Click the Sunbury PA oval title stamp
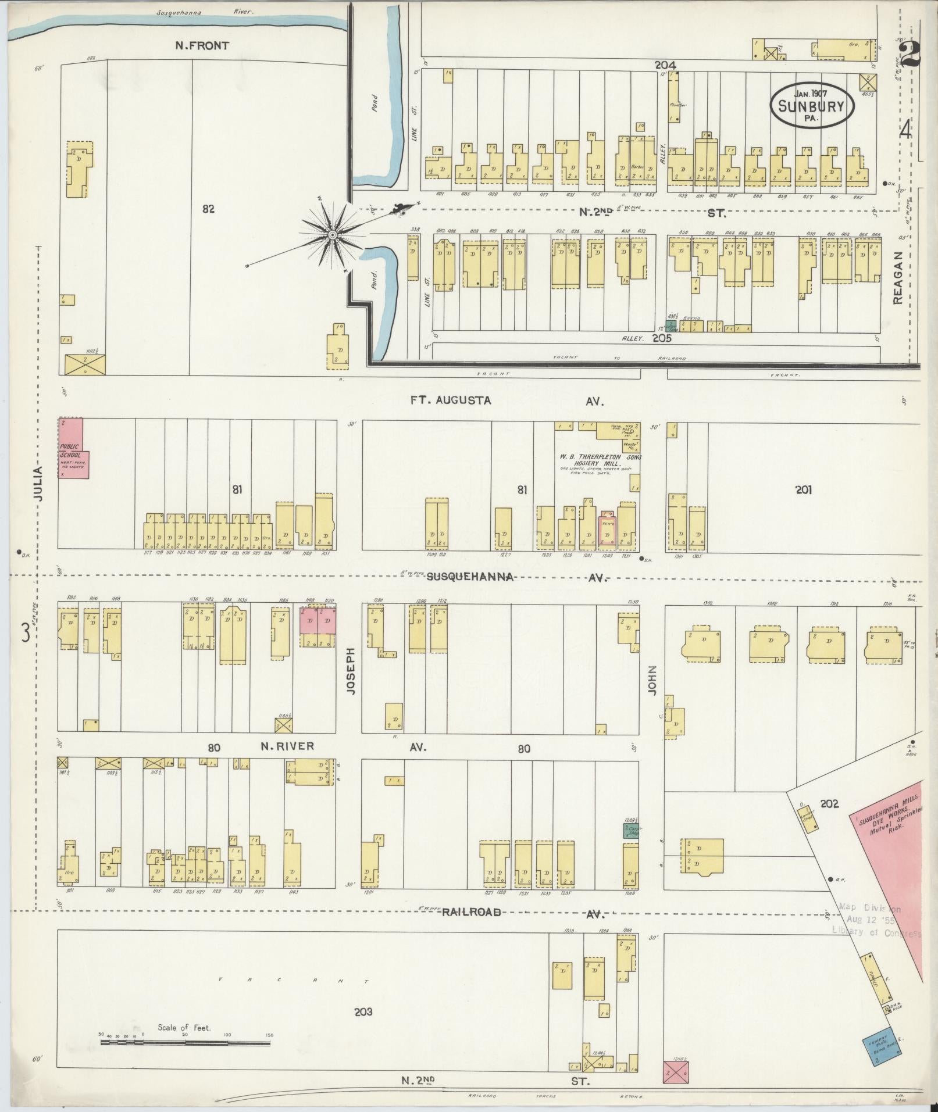(x=812, y=105)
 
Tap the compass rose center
(x=332, y=235)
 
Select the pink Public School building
(x=73, y=450)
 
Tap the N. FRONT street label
(x=202, y=46)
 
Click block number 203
(x=363, y=1012)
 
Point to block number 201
(x=804, y=490)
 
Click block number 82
(x=208, y=209)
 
